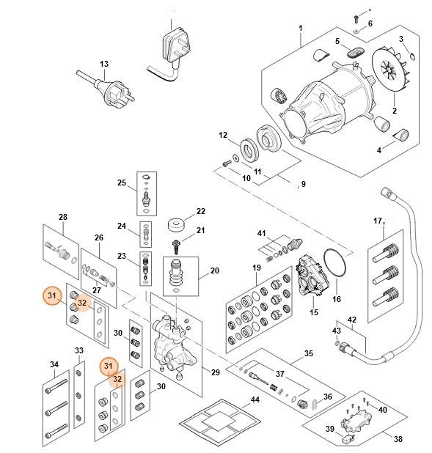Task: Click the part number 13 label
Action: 103,65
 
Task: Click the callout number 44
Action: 255,399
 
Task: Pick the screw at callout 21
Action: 176,243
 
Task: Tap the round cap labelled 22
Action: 176,224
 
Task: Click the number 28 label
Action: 62,217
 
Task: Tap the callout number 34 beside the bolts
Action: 54,364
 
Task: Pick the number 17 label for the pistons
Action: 378,221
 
